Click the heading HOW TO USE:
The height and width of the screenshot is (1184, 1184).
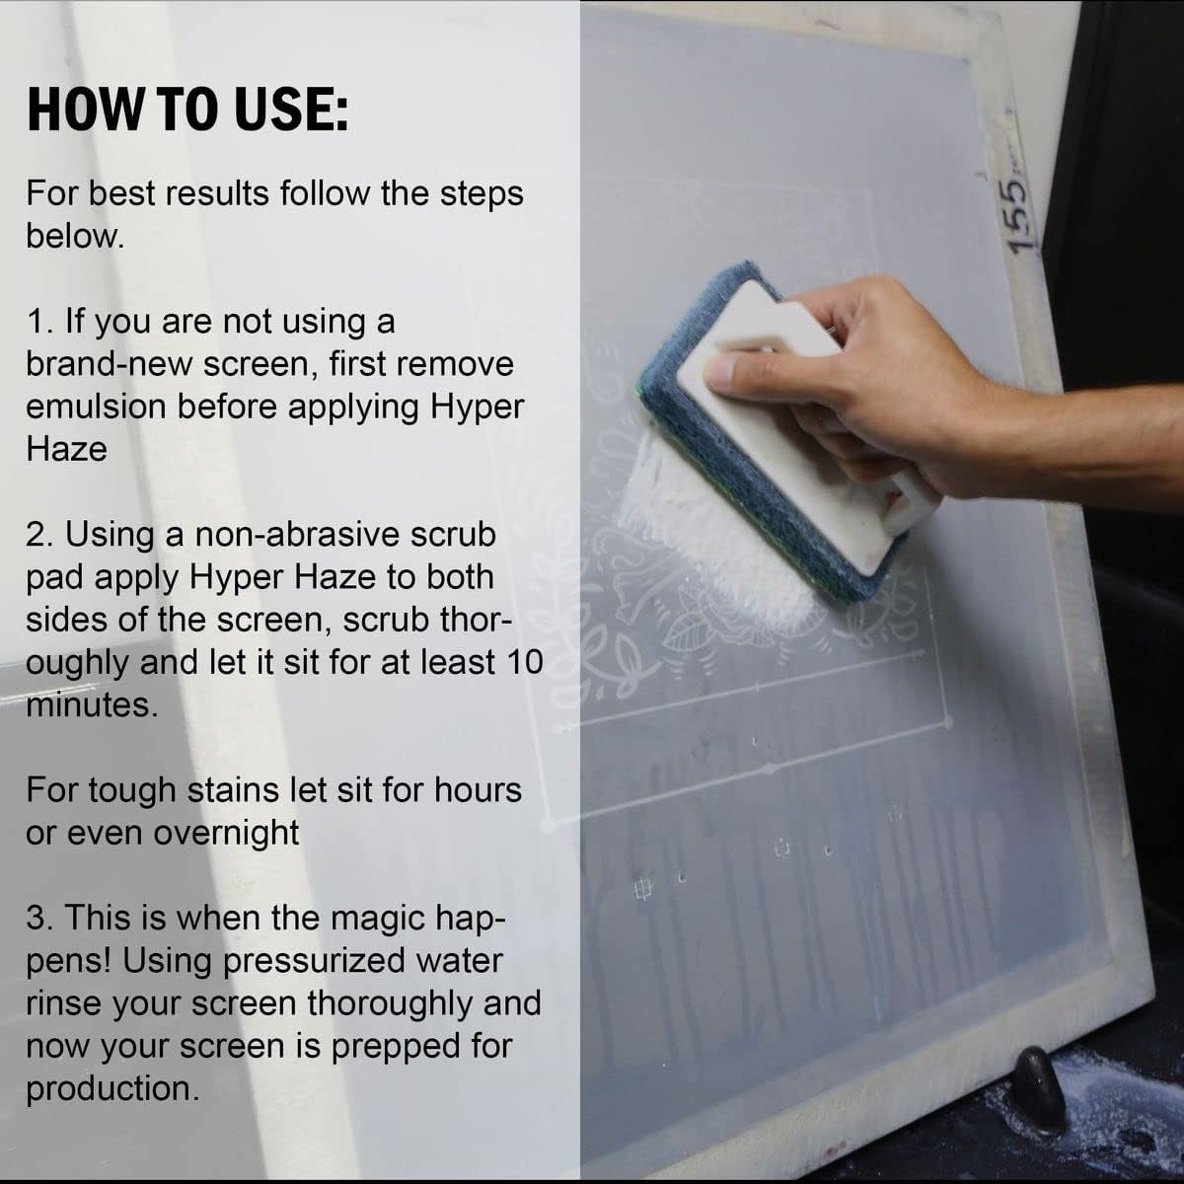(x=187, y=109)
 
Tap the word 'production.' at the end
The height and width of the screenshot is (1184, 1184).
(x=110, y=1088)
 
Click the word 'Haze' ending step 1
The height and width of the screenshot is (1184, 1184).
(x=66, y=449)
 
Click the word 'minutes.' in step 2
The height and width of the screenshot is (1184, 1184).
(x=90, y=704)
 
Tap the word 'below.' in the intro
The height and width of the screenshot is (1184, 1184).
(x=75, y=237)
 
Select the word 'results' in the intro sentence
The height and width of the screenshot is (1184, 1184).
(x=205, y=193)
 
